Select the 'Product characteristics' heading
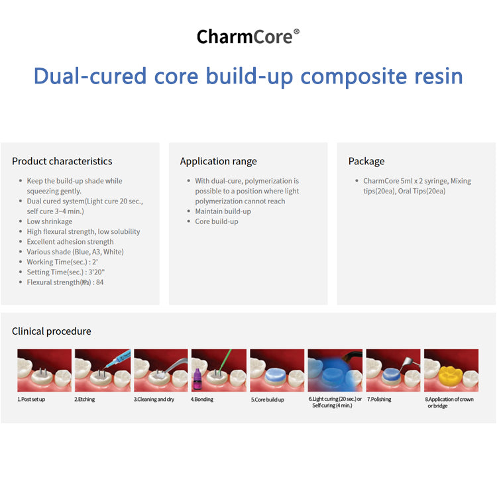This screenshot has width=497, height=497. pyautogui.click(x=62, y=161)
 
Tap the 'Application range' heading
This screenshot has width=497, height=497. pyautogui.click(x=218, y=161)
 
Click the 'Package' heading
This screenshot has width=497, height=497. pyautogui.click(x=366, y=161)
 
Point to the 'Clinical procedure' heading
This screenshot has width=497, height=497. pyautogui.click(x=52, y=331)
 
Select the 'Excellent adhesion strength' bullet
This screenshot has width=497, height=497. pyautogui.click(x=70, y=242)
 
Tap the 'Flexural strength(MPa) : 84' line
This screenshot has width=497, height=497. pyautogui.click(x=65, y=282)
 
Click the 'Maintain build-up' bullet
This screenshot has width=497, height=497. pyautogui.click(x=223, y=211)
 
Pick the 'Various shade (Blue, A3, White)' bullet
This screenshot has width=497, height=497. pyautogui.click(x=75, y=252)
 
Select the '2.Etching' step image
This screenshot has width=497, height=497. pyautogui.click(x=102, y=370)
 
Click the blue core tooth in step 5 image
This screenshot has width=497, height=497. pyautogui.click(x=276, y=376)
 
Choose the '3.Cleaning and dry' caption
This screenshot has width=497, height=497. pyautogui.click(x=154, y=400)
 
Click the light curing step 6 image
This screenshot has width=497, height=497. pyautogui.click(x=335, y=370)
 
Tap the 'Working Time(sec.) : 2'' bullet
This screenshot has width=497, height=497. pyautogui.click(x=58, y=262)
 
